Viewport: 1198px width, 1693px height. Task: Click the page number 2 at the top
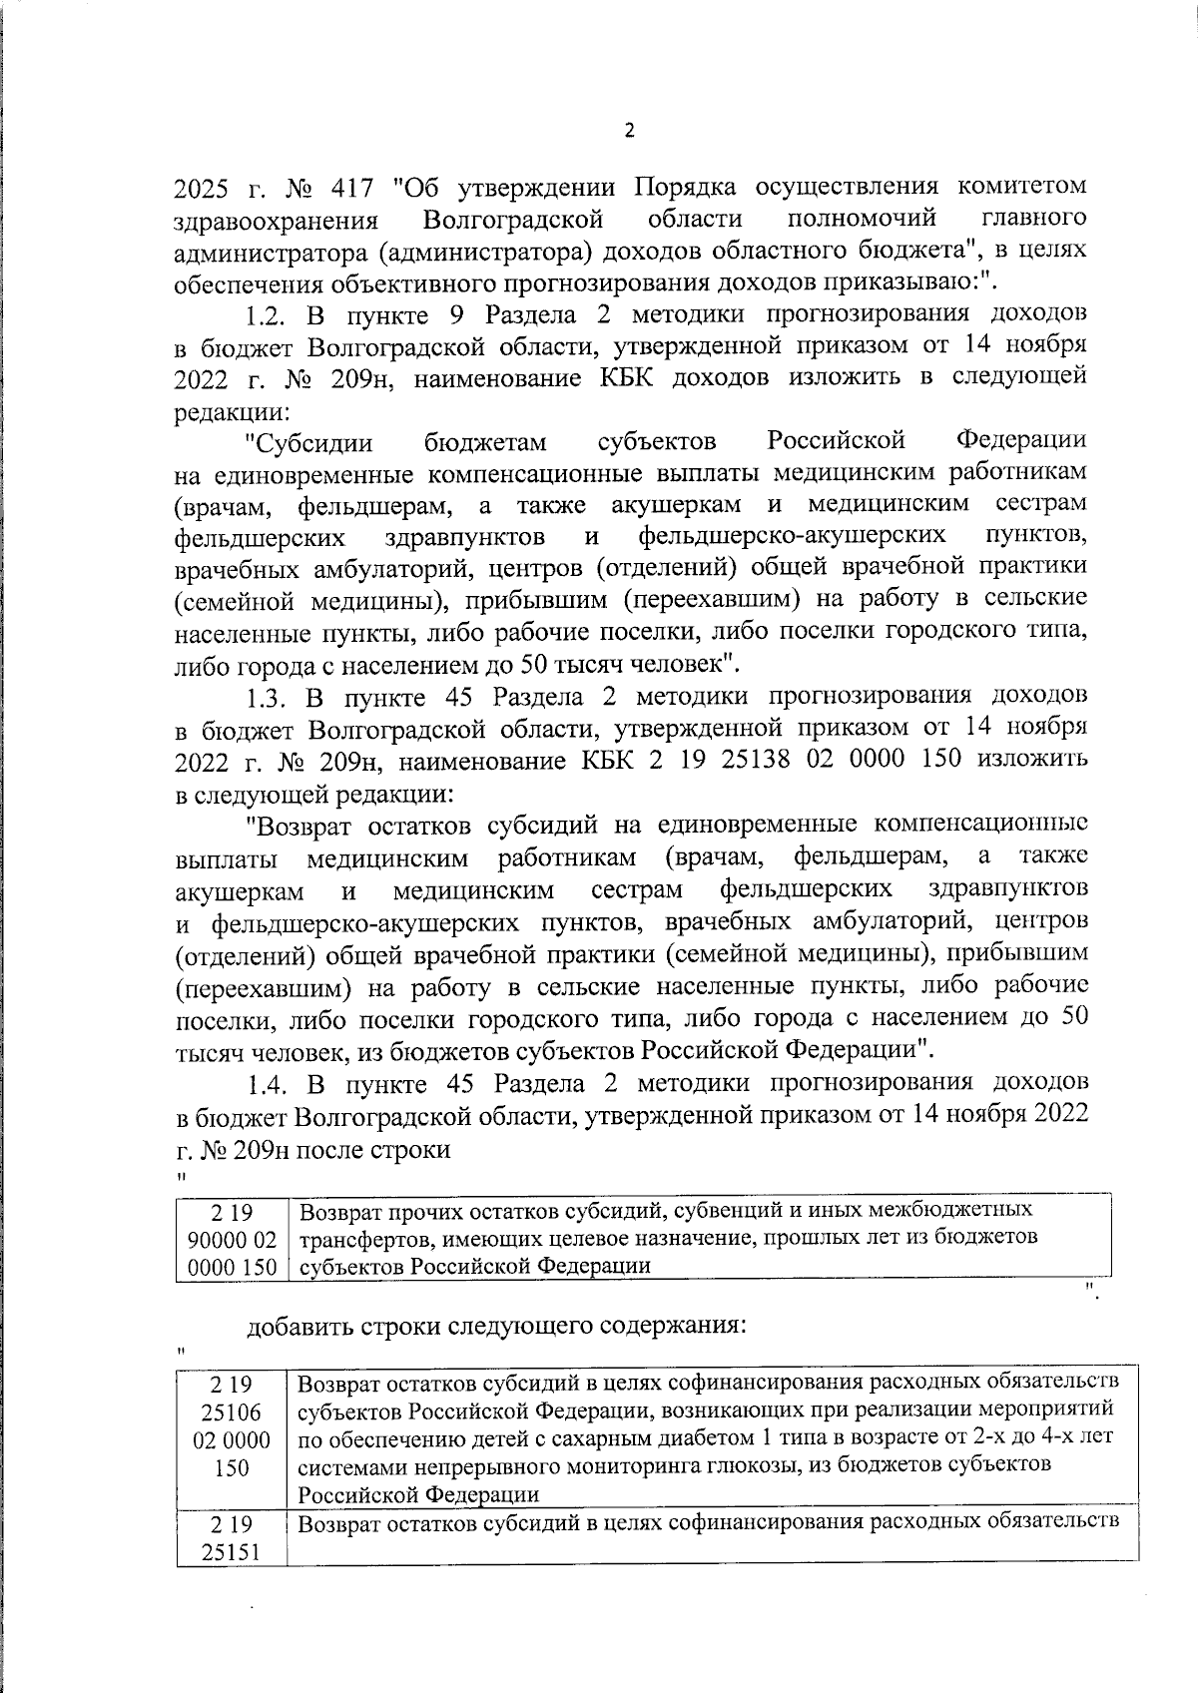[629, 131]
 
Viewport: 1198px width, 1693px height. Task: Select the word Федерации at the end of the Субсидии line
[1022, 440]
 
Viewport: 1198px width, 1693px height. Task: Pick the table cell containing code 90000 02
[232, 1238]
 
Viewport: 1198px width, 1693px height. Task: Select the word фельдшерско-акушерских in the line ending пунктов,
[792, 537]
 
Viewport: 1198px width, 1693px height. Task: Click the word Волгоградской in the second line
[512, 219]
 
